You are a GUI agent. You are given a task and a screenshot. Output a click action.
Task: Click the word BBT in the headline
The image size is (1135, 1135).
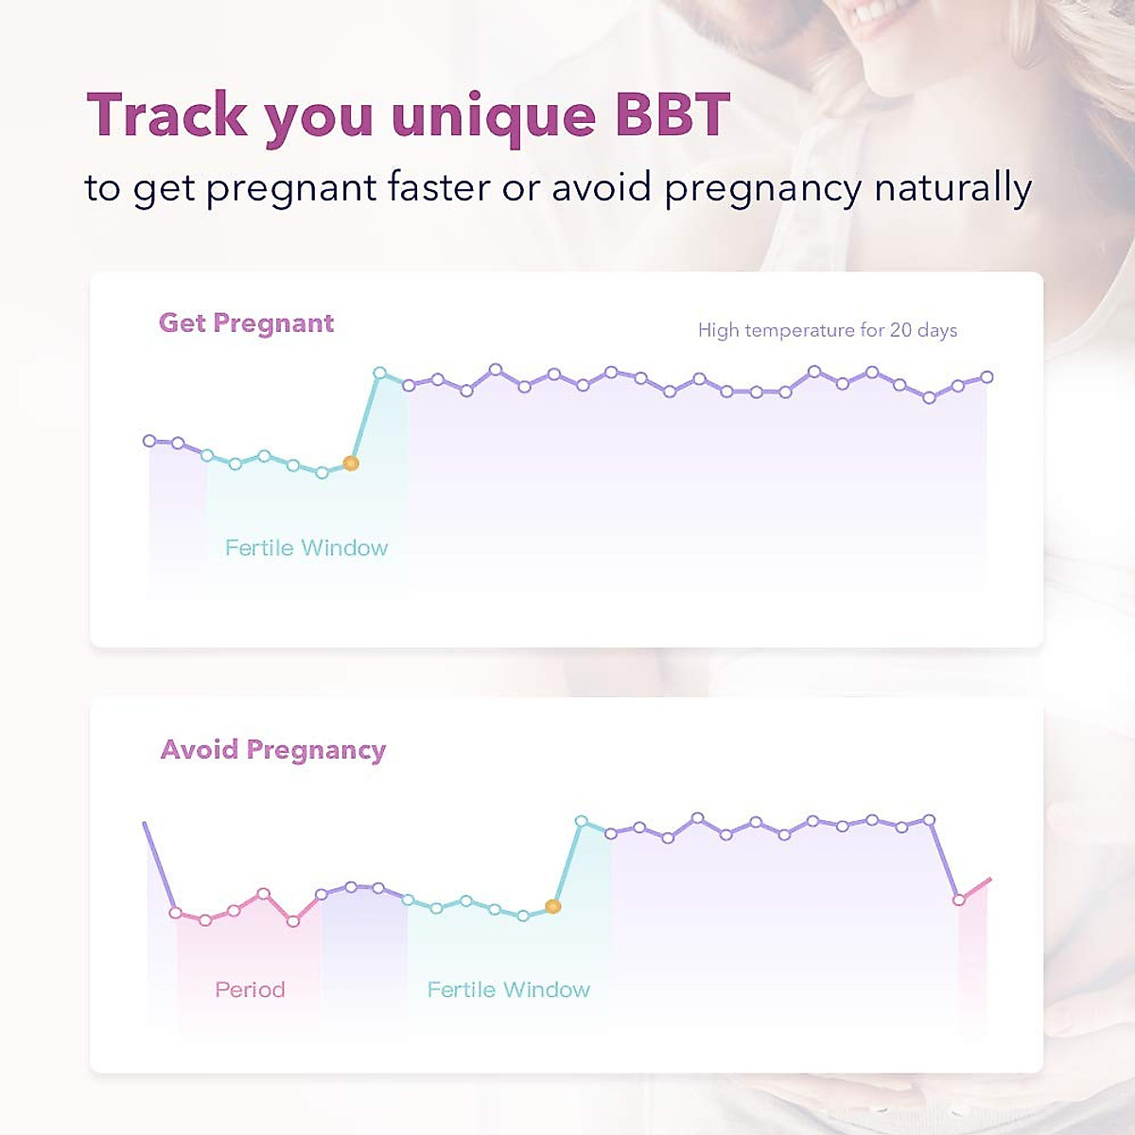[672, 115]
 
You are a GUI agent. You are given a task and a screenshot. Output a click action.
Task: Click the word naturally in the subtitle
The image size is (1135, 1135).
[952, 188]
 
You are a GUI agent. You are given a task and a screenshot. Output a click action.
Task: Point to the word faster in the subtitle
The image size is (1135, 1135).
[440, 187]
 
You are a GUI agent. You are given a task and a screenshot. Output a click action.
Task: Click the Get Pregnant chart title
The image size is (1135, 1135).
[246, 323]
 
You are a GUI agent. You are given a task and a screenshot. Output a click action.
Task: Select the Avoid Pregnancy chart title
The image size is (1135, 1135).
[273, 750]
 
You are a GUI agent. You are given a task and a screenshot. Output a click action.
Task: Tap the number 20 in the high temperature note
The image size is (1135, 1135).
[900, 330]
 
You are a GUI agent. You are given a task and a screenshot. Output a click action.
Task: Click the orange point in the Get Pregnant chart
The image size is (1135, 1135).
[351, 463]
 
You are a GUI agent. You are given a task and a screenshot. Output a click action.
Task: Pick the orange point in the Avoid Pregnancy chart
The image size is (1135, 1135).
[554, 906]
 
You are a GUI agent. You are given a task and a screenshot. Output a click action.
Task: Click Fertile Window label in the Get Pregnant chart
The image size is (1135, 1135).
[306, 548]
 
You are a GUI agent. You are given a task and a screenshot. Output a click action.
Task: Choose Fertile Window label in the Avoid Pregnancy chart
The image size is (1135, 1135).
[509, 989]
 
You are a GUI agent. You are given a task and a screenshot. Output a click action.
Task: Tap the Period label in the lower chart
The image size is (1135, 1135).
[250, 989]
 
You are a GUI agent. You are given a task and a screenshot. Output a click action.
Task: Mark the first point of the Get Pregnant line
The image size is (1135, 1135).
[149, 441]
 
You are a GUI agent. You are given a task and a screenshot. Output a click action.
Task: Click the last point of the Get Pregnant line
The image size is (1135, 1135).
[987, 376]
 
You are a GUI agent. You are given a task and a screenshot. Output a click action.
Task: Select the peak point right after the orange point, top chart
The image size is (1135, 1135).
[380, 374]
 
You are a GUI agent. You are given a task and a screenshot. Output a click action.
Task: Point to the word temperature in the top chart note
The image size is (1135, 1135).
[799, 330]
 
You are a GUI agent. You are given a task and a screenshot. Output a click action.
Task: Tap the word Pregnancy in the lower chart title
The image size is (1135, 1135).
[316, 751]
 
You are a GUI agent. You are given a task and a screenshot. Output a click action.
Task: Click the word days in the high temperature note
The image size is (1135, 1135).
[937, 330]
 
